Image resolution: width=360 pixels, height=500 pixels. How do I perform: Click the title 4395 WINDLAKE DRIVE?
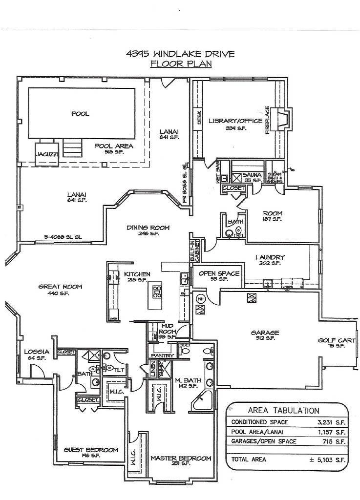180,53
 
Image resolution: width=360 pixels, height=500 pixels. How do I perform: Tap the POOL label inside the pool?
80,114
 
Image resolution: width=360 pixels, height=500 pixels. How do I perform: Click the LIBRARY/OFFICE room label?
235,121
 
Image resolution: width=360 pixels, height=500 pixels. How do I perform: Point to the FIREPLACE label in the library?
267,120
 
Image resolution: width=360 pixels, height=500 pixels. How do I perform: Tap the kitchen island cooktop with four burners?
157,292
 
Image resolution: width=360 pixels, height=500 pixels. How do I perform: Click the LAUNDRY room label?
270,257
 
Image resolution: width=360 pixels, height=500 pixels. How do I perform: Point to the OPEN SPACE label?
219,273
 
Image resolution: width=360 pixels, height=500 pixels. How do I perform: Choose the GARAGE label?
265,333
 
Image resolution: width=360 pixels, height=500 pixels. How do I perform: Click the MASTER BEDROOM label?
181,458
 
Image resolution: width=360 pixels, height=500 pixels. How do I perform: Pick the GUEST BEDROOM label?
91,450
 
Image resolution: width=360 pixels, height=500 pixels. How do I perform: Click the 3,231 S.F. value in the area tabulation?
332,422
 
